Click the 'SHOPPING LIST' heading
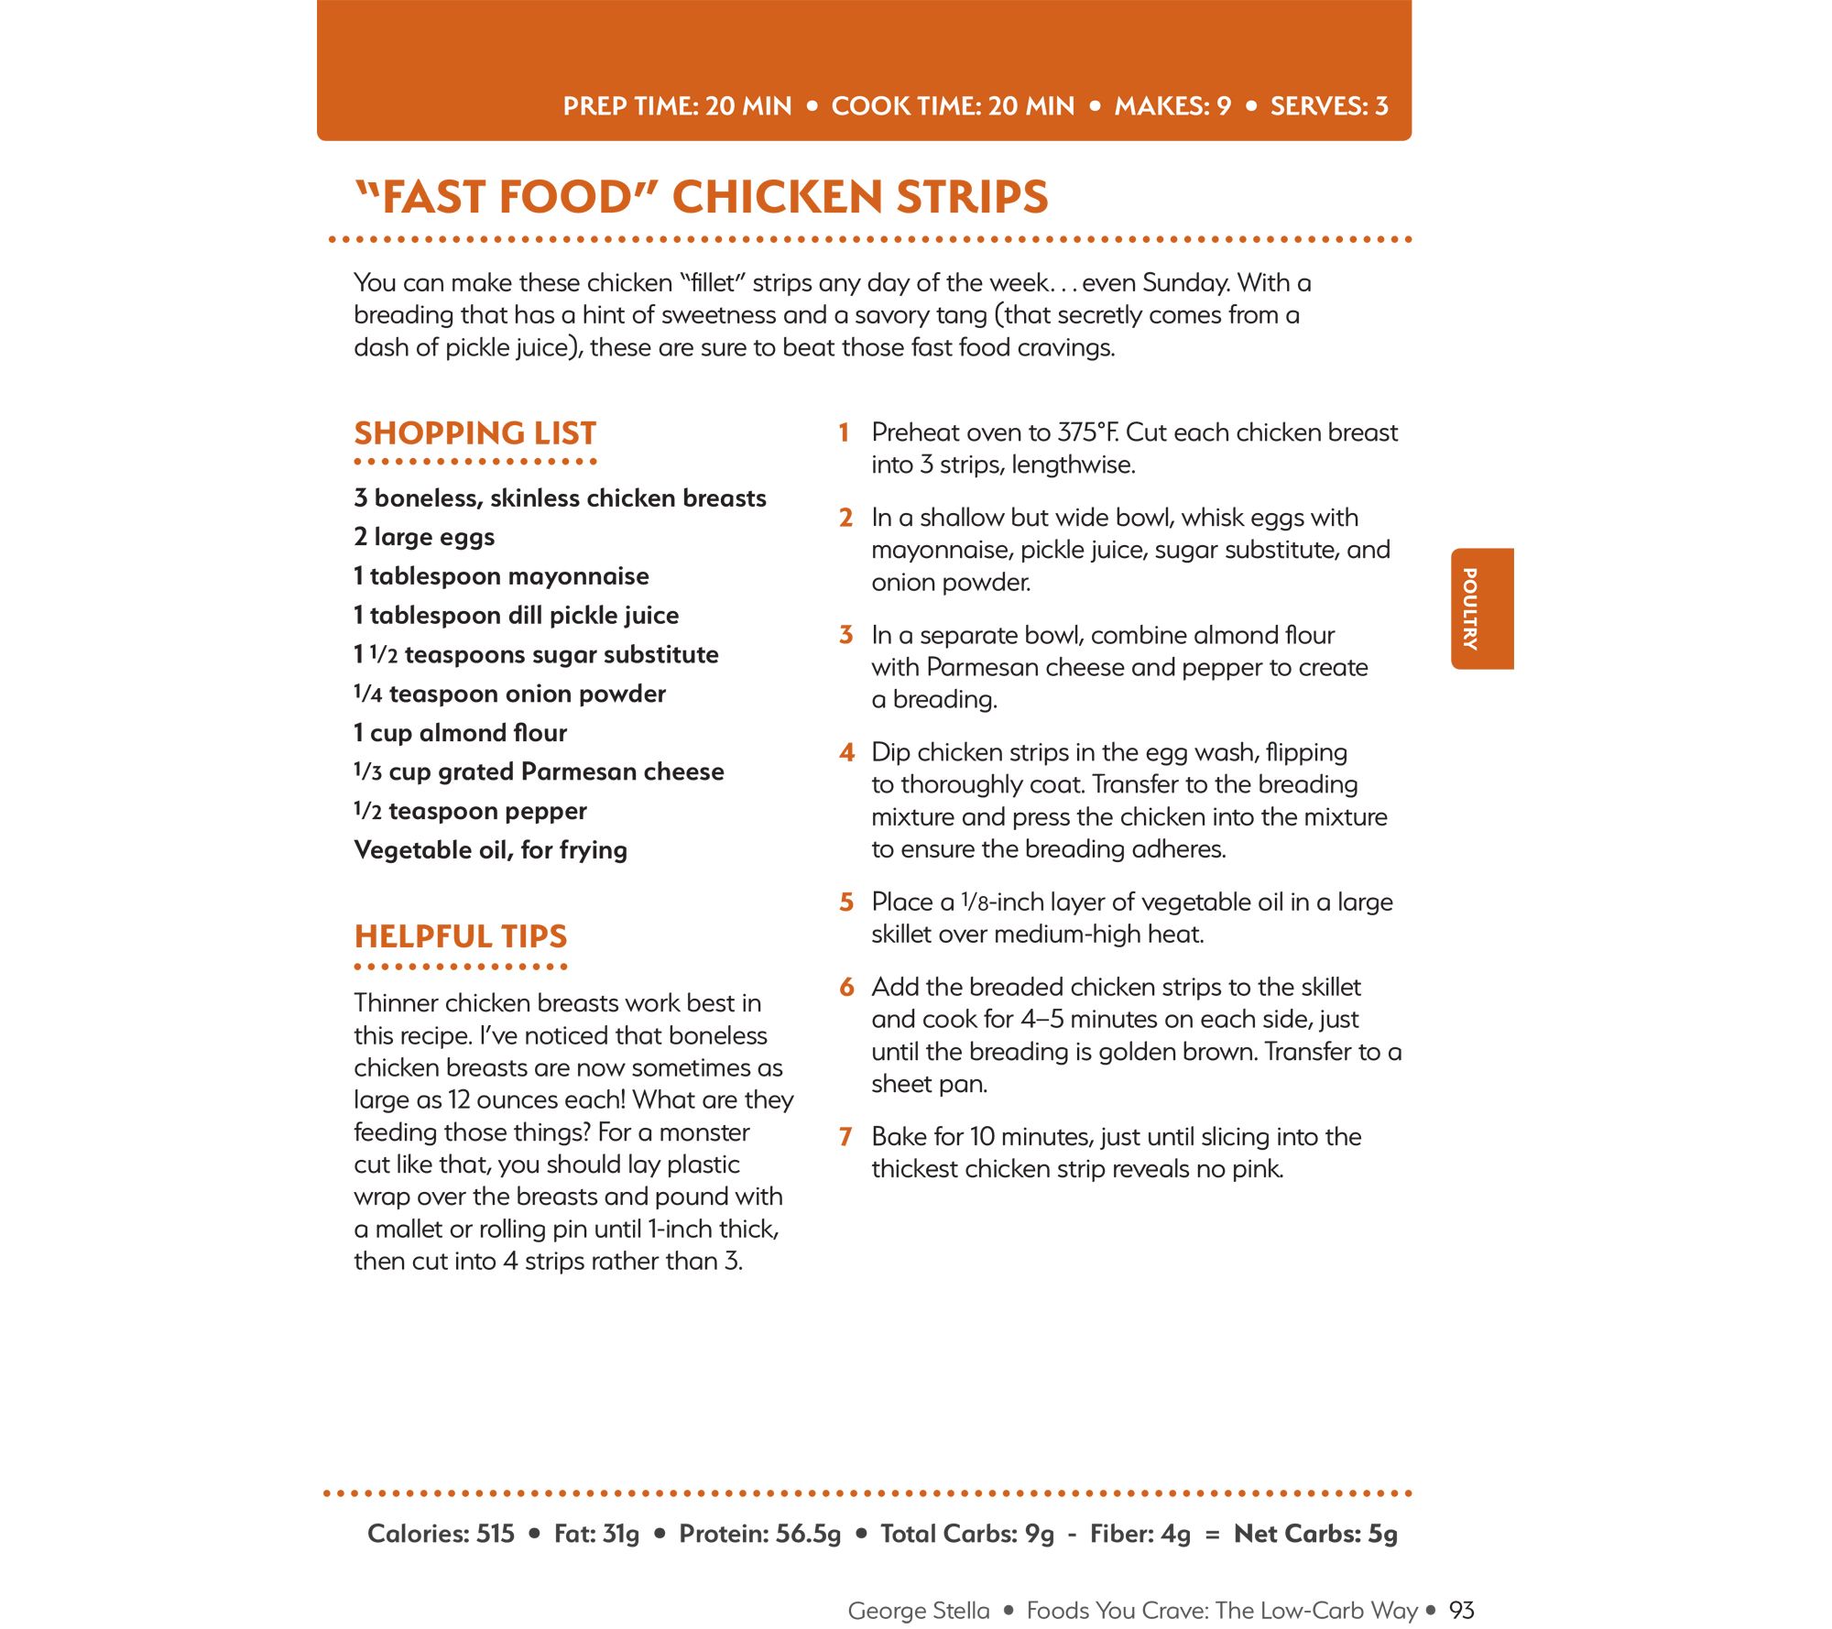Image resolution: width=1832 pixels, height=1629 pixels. coord(474,433)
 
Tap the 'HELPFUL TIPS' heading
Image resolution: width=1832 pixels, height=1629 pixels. coord(461,936)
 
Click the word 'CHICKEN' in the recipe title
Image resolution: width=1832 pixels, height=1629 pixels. coord(776,198)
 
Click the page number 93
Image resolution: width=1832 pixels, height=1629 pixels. coord(1462,1611)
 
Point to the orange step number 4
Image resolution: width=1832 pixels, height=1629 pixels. coord(846,753)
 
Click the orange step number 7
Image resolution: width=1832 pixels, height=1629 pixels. coord(846,1137)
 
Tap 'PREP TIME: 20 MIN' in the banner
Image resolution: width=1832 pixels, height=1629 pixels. coord(677,106)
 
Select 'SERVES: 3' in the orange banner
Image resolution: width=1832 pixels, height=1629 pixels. coord(1329,106)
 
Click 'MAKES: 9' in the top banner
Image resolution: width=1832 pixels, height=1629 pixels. coord(1172,106)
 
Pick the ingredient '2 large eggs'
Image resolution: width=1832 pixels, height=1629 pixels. coord(424,537)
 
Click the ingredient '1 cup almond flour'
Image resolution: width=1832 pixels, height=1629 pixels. coord(460,733)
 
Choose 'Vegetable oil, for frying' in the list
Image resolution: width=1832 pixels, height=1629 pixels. coord(490,850)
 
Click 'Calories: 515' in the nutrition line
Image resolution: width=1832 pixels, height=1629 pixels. coord(441,1534)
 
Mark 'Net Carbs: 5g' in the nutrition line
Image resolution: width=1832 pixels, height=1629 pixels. coord(1315,1534)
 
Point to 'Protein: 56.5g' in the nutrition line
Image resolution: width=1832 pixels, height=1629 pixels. coord(759,1534)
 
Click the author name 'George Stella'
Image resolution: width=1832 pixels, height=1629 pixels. coord(919,1611)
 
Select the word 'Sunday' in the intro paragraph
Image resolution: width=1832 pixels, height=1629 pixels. coord(1184,283)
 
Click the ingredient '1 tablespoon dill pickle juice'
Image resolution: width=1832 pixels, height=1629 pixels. coord(517,616)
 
